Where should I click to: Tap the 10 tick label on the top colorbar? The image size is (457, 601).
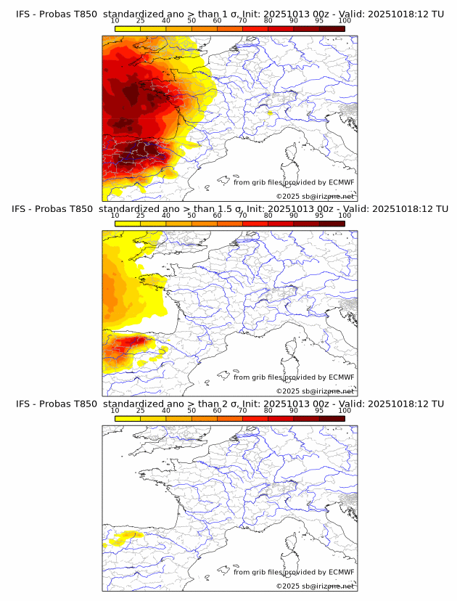[x=115, y=20]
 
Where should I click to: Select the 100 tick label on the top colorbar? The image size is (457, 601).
[x=345, y=20]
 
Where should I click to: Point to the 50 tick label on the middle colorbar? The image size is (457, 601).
[x=192, y=216]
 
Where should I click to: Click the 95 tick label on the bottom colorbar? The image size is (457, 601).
[x=319, y=411]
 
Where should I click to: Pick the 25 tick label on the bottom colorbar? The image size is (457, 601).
[x=140, y=411]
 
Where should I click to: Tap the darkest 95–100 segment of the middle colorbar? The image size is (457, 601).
[x=332, y=223]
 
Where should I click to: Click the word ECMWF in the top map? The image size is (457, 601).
[x=342, y=182]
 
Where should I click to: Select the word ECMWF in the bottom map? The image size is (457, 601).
[x=342, y=572]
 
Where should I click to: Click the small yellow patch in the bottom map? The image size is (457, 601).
[x=123, y=538]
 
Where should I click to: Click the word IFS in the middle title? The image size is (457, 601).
[x=23, y=210]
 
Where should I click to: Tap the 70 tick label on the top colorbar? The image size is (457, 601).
[x=243, y=20]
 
